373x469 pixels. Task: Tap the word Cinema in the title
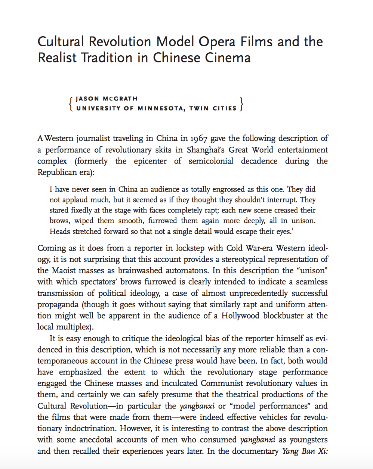[x=228, y=58]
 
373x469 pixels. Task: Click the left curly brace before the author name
[x=71, y=103]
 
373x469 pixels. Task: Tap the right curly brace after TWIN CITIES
[x=241, y=103]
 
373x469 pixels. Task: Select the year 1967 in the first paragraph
[x=199, y=139]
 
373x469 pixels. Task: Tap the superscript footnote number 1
[x=292, y=229]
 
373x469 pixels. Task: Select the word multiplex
[x=73, y=327]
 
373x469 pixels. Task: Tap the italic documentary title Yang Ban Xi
[x=305, y=451]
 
